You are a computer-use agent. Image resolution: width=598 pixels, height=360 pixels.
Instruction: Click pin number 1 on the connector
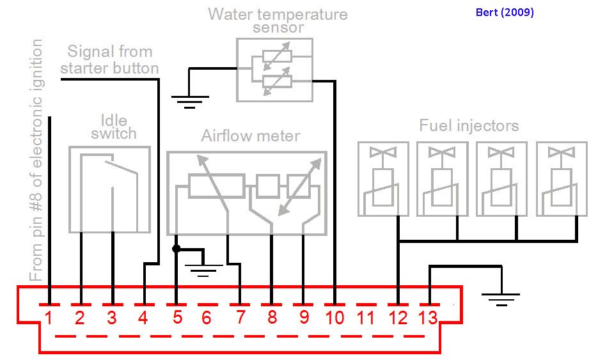coord(49,317)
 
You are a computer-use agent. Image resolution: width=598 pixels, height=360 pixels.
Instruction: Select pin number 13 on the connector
coord(429,317)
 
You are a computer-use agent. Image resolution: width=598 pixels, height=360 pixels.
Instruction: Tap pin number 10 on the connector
coord(334,317)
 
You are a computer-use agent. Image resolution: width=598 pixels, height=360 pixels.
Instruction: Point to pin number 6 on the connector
coord(206,317)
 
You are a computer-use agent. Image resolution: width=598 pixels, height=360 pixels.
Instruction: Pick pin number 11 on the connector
coord(366,317)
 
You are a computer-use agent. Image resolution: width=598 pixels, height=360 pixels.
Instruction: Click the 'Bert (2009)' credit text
coord(505,12)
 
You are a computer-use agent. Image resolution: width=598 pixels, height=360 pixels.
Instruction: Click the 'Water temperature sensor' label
coord(278,20)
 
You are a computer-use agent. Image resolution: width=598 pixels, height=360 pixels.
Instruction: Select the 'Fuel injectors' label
coord(469,125)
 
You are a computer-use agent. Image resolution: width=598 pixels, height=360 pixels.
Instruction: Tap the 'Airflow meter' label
coord(250,136)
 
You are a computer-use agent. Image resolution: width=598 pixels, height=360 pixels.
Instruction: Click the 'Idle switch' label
coord(114,127)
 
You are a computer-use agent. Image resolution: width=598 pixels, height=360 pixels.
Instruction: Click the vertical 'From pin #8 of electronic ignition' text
coord(37,160)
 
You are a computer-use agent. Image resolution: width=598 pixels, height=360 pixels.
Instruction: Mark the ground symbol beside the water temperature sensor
coord(190,100)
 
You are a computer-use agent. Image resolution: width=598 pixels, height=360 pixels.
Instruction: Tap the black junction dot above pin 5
coord(176,248)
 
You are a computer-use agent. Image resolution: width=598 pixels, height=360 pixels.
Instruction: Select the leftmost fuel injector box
coord(383,178)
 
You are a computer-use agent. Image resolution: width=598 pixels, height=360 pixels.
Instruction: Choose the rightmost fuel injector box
coord(561,178)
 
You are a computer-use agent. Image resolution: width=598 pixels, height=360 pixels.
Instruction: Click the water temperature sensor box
coord(274,69)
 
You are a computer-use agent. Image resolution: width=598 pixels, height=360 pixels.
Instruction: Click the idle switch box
coord(109,189)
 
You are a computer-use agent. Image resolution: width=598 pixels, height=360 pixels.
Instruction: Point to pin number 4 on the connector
coord(143,317)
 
